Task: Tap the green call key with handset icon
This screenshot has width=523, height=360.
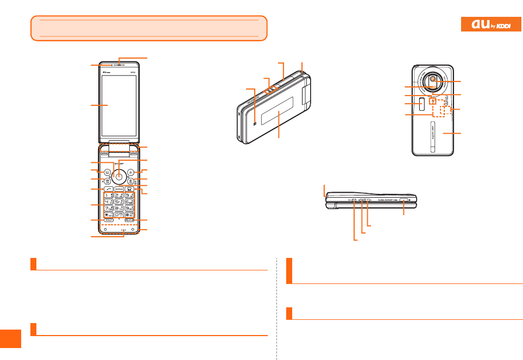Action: pos(108,189)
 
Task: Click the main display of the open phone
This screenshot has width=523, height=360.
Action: pos(119,106)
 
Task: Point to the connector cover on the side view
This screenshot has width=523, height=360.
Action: pos(405,200)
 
